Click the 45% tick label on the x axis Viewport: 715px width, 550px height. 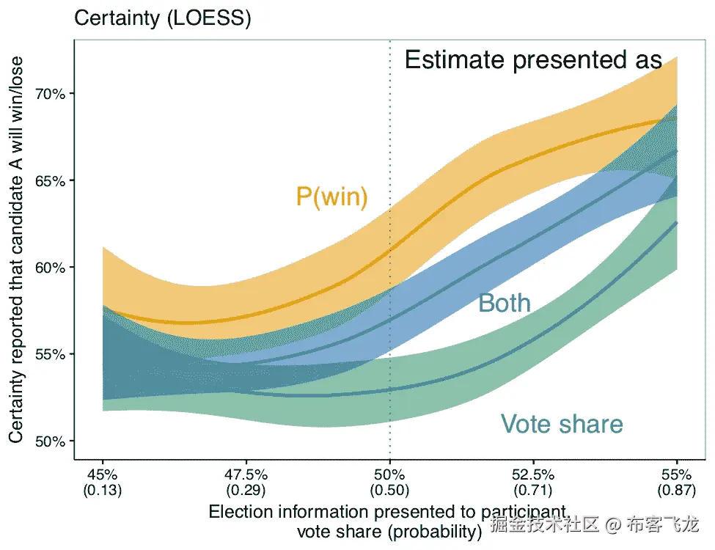point(103,474)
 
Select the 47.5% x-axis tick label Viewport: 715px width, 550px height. point(246,474)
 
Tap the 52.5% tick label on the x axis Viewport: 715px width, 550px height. point(533,474)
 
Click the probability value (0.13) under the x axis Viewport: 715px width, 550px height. point(103,490)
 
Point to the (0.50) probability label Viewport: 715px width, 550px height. point(389,490)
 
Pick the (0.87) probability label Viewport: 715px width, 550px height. point(676,490)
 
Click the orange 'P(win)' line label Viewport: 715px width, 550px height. point(331,197)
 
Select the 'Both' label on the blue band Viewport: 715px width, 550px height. point(504,303)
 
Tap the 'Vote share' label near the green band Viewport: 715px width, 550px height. point(562,424)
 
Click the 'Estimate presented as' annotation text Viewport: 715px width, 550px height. point(533,60)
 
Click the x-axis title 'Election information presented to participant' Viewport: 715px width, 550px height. point(388,511)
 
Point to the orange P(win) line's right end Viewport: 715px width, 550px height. point(676,119)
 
